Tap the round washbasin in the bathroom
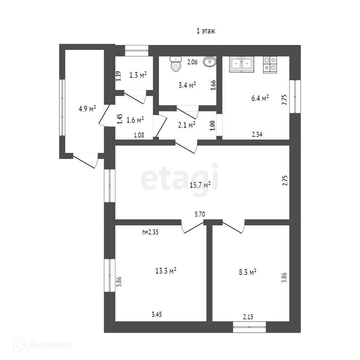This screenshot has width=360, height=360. click(210, 62)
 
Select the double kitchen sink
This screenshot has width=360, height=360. click(242, 64)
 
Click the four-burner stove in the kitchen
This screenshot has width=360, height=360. click(270, 64)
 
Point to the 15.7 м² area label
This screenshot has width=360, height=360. click(200, 185)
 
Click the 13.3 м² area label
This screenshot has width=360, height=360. click(166, 271)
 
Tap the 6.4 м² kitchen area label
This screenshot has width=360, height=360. click(260, 98)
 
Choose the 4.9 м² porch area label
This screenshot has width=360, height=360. click(87, 109)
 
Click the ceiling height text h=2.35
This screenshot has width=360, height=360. click(151, 232)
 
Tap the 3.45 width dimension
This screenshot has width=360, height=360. click(157, 315)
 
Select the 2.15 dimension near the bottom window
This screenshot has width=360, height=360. click(248, 317)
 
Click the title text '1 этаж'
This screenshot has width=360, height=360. click(206, 31)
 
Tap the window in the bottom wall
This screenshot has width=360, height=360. click(250, 327)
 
